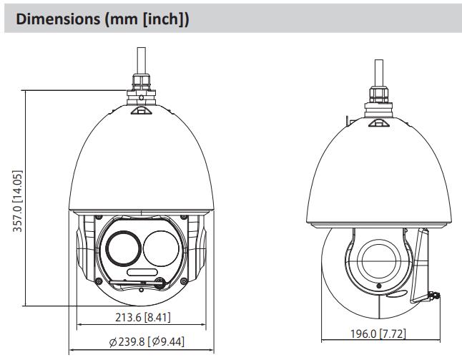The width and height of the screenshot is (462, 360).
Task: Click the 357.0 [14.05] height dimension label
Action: click(x=17, y=201)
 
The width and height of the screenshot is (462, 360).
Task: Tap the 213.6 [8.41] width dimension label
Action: click(x=142, y=317)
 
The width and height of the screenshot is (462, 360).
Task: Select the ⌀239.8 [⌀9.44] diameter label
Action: click(x=147, y=341)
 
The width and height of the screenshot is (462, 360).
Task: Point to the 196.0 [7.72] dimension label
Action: click(x=378, y=334)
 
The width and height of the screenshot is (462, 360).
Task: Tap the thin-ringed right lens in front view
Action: click(x=161, y=248)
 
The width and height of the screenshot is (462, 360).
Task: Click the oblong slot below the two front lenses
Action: click(x=142, y=272)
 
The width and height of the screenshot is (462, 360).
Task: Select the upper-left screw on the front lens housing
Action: click(x=99, y=218)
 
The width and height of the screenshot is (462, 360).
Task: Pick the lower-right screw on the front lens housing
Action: click(x=184, y=281)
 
